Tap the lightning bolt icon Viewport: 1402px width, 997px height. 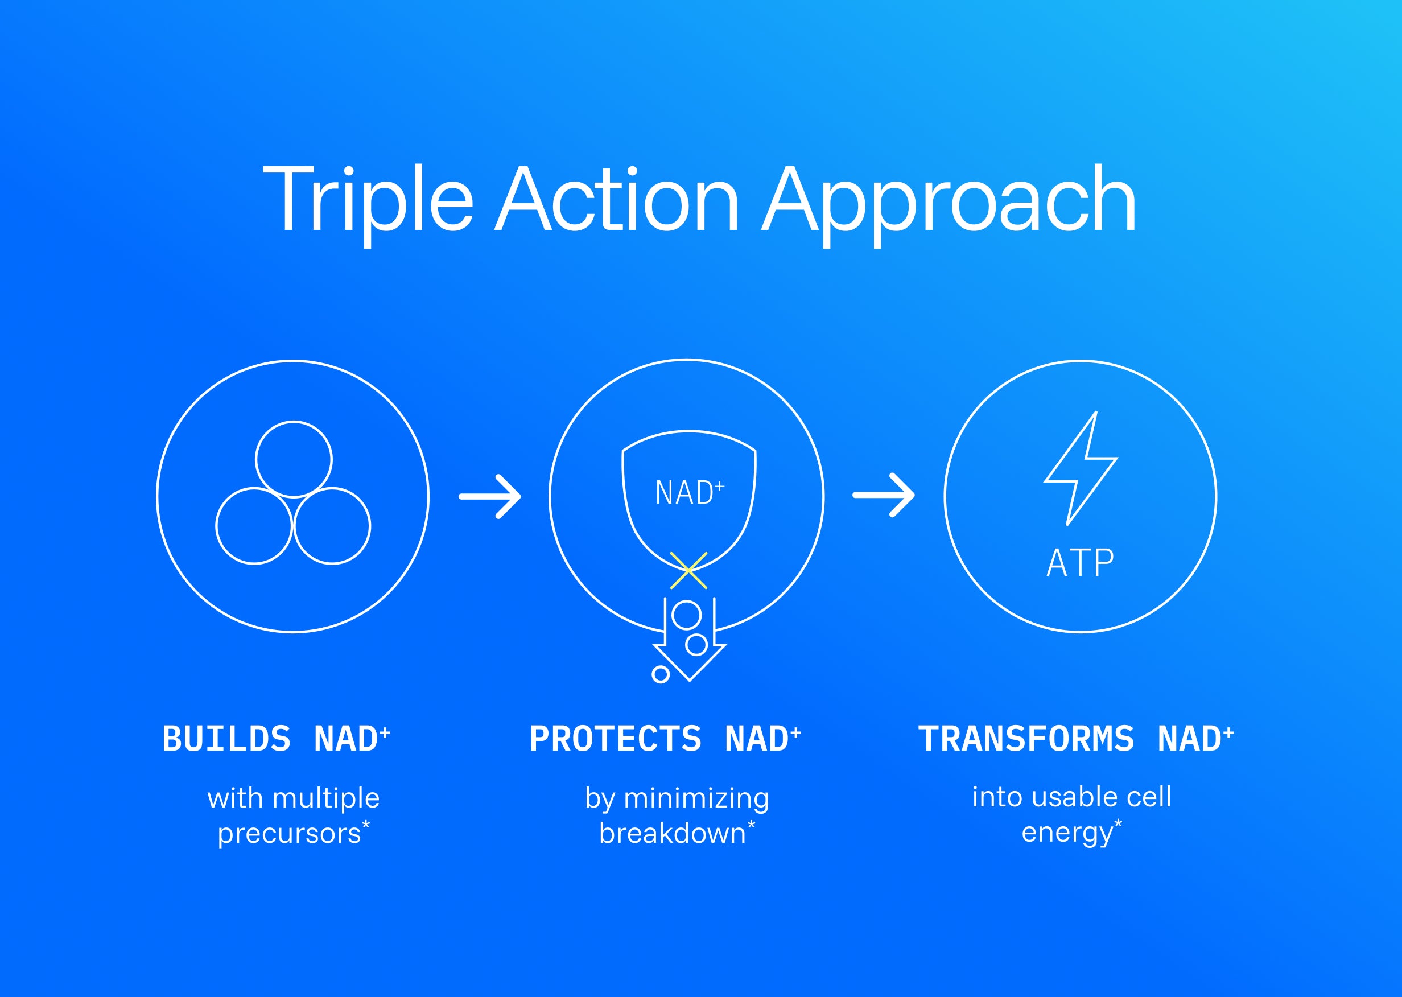[1081, 468]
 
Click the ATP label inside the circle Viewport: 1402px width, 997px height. [1081, 563]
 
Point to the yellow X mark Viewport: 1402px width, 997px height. [688, 570]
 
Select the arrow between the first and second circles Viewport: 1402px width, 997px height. [490, 497]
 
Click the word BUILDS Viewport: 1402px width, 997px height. [226, 739]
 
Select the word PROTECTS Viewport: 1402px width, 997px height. [616, 739]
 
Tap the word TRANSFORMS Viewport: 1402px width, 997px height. [1026, 739]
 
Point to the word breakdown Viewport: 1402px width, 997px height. [672, 833]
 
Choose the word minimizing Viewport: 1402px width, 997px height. [696, 800]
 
